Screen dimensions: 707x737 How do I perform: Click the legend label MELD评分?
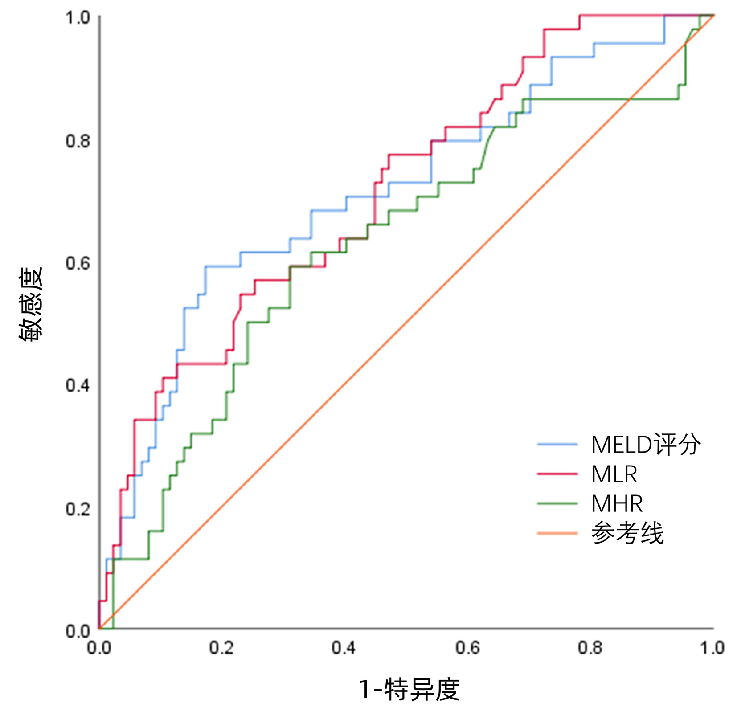pos(646,444)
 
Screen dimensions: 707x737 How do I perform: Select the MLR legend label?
pos(614,474)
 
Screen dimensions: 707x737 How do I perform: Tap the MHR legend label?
pos(617,504)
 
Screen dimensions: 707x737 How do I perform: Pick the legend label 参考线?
pos(627,533)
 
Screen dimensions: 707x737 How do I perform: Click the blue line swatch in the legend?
pos(557,444)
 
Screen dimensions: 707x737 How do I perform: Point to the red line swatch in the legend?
pos(557,474)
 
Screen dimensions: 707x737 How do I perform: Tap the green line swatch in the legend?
pos(557,504)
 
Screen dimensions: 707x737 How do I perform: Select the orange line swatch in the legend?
pos(557,533)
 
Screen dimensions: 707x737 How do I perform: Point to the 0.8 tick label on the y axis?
pos(78,141)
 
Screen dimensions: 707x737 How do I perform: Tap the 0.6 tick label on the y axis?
pos(78,263)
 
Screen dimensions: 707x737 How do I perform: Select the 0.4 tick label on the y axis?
pos(78,385)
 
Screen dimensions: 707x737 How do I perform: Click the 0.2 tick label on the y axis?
pos(78,508)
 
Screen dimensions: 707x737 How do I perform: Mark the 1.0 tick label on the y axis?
pos(78,18)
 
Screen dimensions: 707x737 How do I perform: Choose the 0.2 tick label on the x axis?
pos(221,648)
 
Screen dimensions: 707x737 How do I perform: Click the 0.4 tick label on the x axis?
pos(344,648)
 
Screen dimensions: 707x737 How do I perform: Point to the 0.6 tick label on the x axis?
pos(467,648)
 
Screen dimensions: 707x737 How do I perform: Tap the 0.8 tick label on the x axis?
pos(590,648)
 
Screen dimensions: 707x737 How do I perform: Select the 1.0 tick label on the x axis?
pos(712,648)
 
